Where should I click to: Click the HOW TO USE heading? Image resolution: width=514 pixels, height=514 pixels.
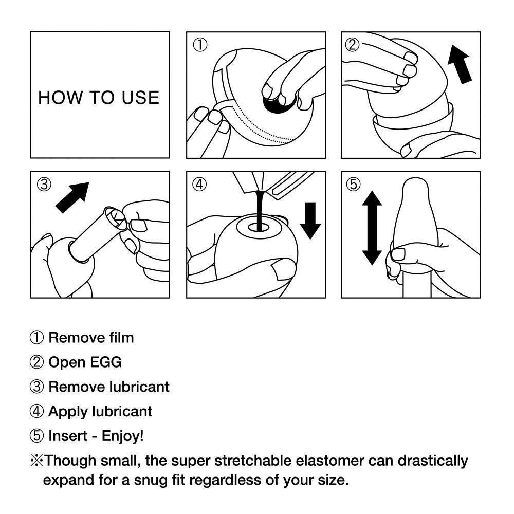[x=99, y=98]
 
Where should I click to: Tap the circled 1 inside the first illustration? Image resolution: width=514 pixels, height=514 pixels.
[x=199, y=45]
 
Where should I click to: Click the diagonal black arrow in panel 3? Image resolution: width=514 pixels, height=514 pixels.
[x=72, y=197]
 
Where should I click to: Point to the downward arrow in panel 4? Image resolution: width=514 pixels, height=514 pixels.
[x=310, y=221]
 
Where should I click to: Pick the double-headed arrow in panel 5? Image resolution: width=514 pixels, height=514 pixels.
[x=372, y=227]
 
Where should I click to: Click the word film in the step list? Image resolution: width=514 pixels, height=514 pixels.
[x=121, y=338]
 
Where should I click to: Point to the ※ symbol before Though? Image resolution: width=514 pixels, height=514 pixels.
[x=36, y=460]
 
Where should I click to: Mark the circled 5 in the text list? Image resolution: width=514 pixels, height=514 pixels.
[x=36, y=436]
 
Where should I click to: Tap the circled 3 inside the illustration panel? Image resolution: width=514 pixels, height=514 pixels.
[x=44, y=185]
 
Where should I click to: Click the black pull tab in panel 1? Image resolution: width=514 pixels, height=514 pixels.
[x=277, y=102]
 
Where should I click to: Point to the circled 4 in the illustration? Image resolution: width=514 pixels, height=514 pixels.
[x=199, y=185]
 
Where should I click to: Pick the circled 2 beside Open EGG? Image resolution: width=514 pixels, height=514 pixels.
[x=36, y=362]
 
